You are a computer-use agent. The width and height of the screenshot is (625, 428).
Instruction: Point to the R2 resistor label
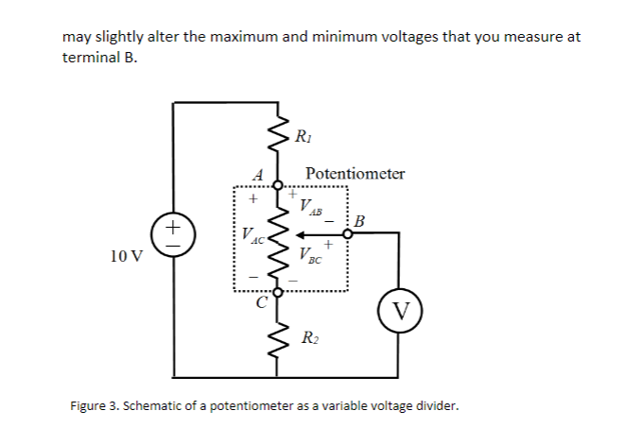click(308, 337)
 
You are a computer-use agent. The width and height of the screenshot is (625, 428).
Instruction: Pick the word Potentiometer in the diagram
click(356, 174)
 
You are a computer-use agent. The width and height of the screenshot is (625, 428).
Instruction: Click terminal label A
click(256, 173)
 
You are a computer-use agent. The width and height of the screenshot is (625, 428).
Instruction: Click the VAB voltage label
click(309, 207)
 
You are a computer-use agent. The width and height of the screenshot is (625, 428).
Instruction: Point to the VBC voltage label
click(309, 252)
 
